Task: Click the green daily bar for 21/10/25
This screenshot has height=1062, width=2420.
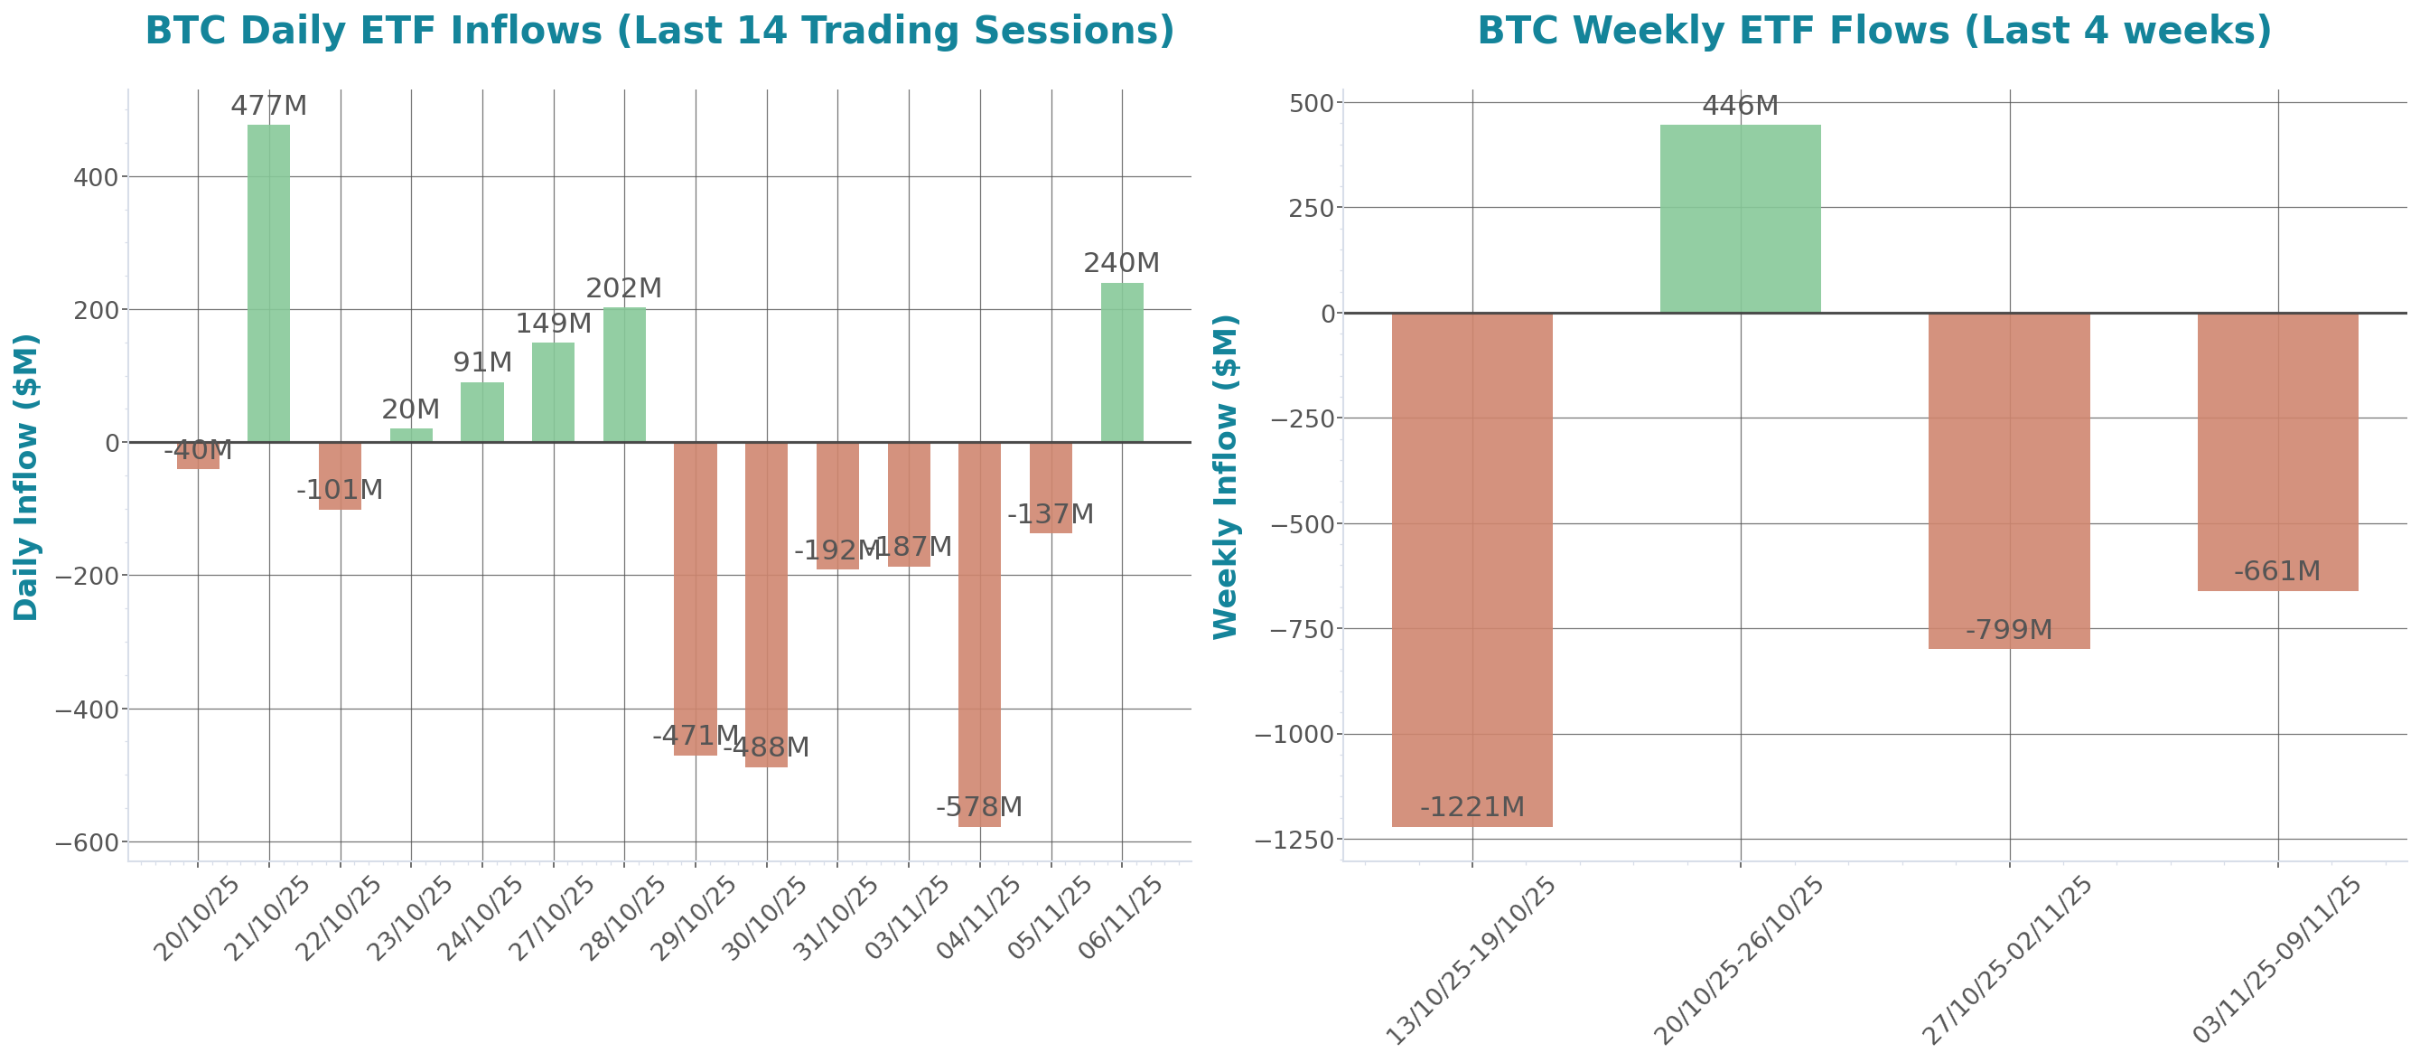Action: pyautogui.click(x=268, y=283)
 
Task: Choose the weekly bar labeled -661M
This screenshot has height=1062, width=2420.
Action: pyautogui.click(x=2278, y=452)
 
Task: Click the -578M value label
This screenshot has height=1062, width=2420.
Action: pyautogui.click(x=979, y=806)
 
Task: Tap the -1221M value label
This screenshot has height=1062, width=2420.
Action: pyautogui.click(x=1472, y=806)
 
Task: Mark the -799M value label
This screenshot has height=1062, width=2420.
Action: pyautogui.click(x=2010, y=630)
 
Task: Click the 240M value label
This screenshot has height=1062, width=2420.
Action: pyautogui.click(x=1122, y=263)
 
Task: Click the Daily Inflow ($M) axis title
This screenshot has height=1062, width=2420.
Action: pyautogui.click(x=26, y=476)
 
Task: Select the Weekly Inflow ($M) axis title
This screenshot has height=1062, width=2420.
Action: pyautogui.click(x=1226, y=476)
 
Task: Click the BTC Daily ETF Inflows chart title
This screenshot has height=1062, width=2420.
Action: pyautogui.click(x=659, y=30)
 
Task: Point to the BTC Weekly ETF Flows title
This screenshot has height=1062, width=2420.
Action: pyautogui.click(x=1874, y=30)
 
